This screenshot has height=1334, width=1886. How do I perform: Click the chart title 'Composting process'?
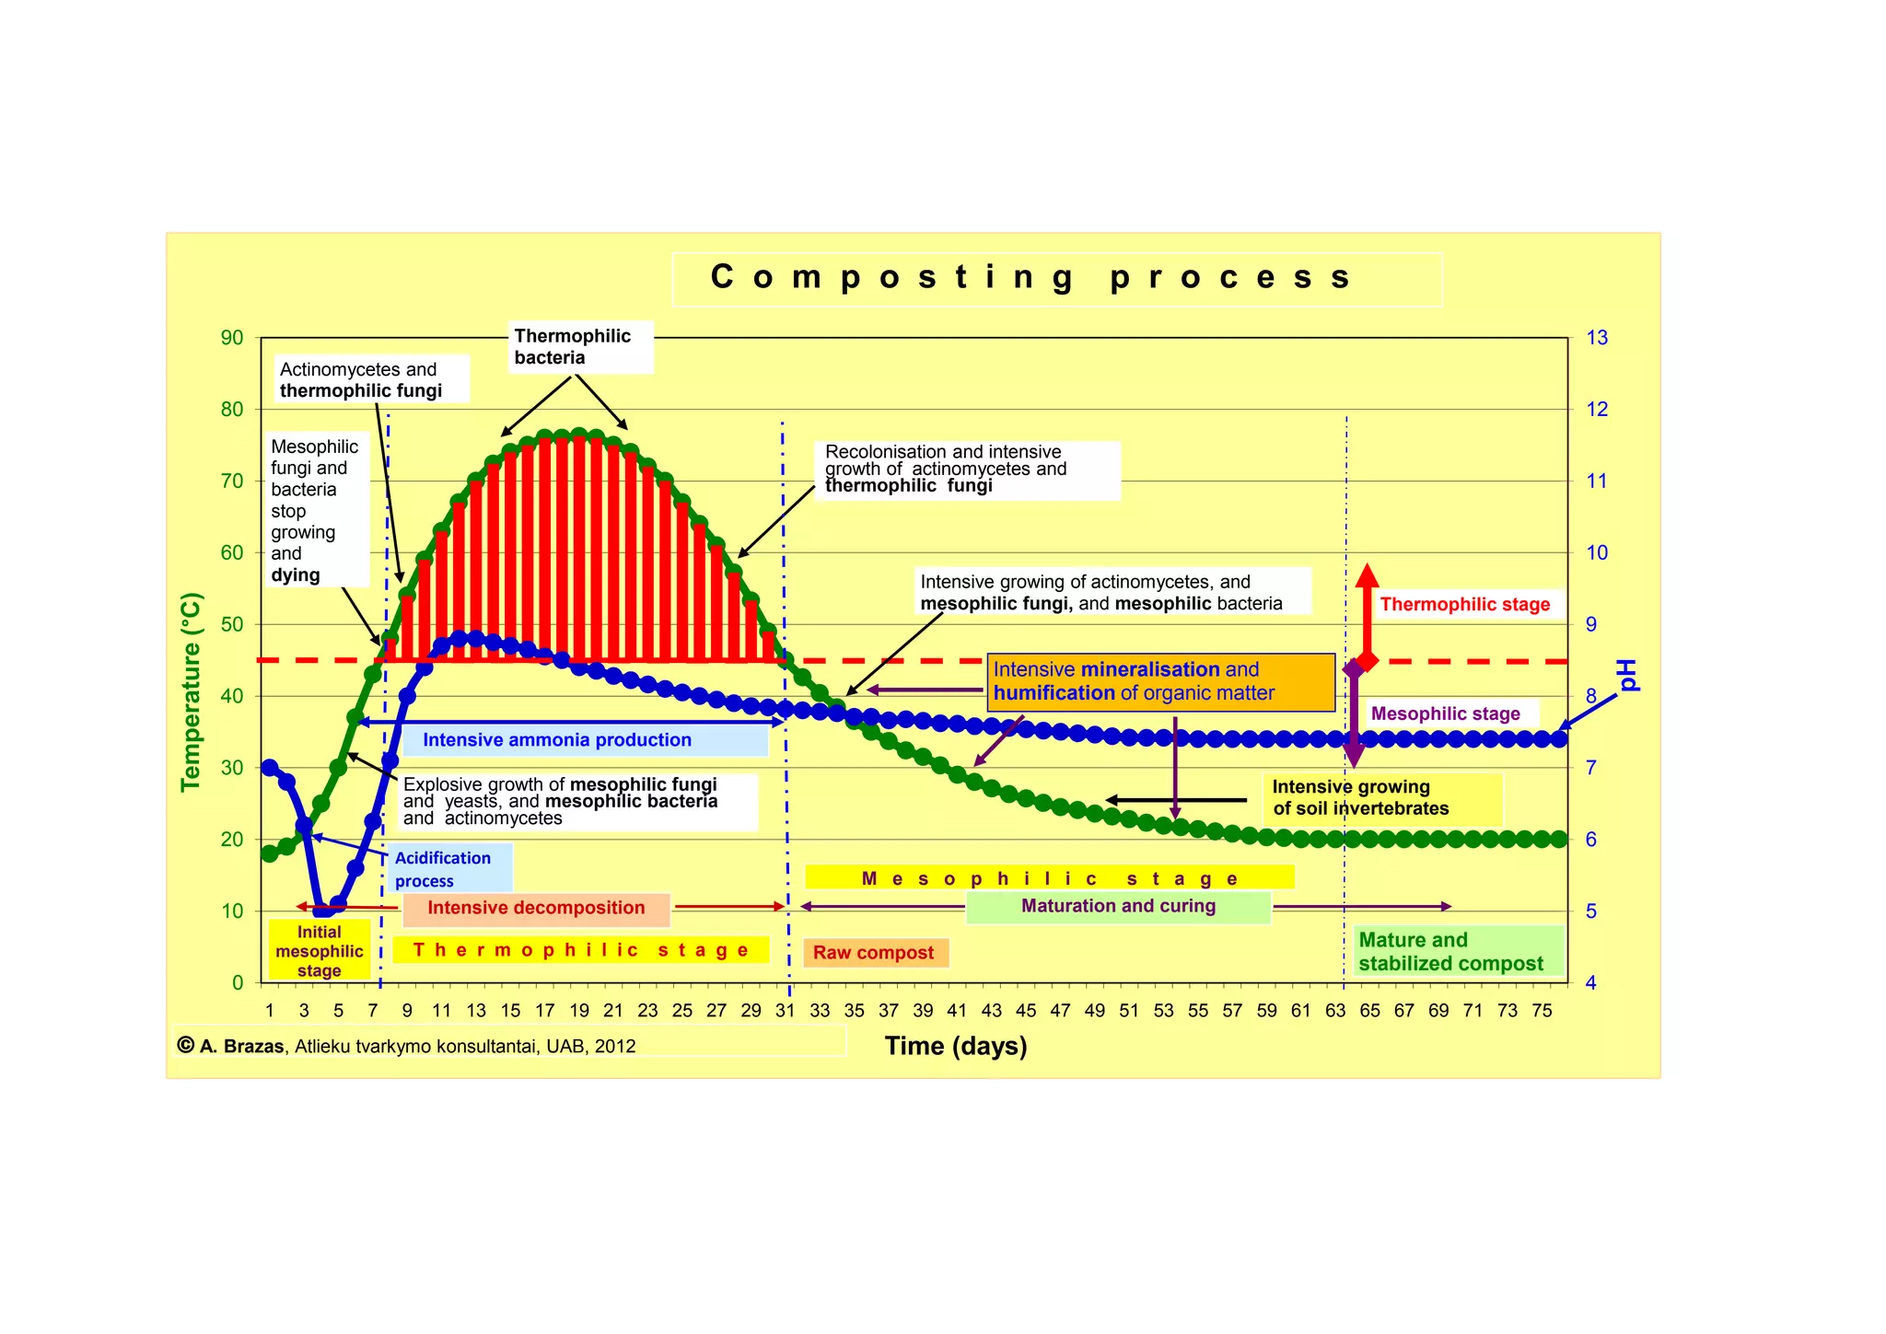coord(1031,278)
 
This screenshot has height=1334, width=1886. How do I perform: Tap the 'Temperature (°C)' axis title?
coord(191,692)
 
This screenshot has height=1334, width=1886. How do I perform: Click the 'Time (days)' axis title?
coord(955,1046)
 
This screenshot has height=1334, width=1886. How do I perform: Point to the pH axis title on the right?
coord(1627,675)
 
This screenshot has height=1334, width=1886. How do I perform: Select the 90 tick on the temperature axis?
coord(232,338)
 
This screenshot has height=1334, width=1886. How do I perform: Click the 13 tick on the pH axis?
coord(1596,338)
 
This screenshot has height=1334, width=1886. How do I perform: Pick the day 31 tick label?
coord(785,1010)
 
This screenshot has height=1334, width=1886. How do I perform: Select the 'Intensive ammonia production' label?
coord(557,740)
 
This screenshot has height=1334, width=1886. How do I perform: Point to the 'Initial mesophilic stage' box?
coord(319,951)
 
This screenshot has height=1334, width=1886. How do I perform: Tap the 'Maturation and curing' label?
coord(1118,906)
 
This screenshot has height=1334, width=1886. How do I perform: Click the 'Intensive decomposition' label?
coord(536,908)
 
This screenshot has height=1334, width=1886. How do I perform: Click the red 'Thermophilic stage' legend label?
coord(1464,605)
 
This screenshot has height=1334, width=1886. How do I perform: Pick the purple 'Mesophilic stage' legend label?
coord(1445,713)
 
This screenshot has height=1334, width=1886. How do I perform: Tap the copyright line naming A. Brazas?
coord(414,1046)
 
